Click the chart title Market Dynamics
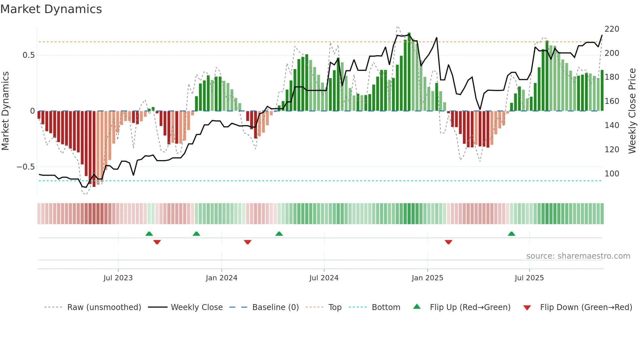pos(51,9)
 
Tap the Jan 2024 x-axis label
pos(221,278)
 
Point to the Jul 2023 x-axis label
pos(118,278)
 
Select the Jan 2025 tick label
pos(427,278)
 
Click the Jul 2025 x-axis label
pos(529,278)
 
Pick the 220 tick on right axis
pos(612,29)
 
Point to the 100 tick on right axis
pos(612,174)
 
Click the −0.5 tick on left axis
pos(25,167)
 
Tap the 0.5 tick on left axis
pos(28,55)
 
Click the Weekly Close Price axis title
pos(632,111)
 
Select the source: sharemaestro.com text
pos(578,256)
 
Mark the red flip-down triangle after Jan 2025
pos(448,242)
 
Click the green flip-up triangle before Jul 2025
pos(511,234)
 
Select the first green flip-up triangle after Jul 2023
pos(149,234)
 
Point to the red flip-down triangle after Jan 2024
pos(248,242)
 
